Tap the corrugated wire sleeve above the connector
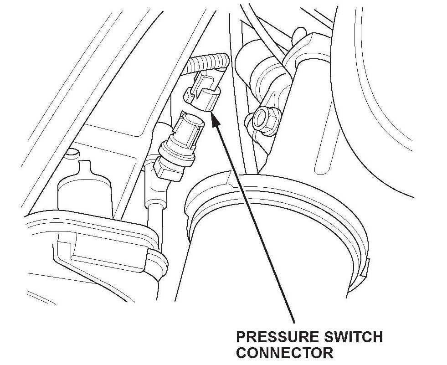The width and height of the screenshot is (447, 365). pyautogui.click(x=210, y=62)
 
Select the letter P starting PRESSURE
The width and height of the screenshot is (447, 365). pyautogui.click(x=241, y=338)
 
